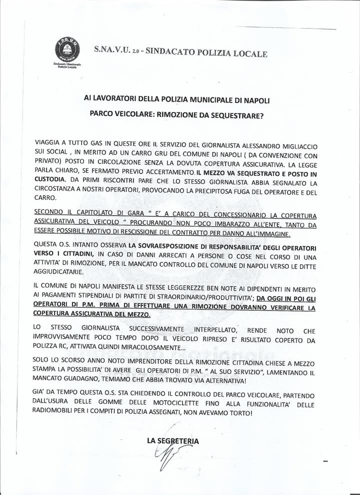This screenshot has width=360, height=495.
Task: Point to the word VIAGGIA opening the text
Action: click(x=49, y=141)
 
